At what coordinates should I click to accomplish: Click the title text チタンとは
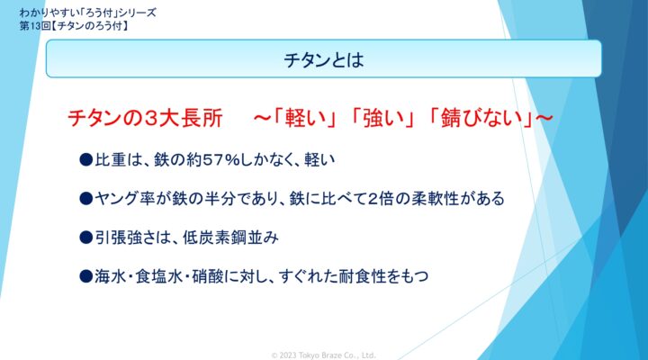tap(324, 60)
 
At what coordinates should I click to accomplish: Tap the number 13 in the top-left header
tap(35, 25)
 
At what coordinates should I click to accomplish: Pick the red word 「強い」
tap(383, 118)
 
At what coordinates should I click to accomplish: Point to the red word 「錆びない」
tap(481, 118)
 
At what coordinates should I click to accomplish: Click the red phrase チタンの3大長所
tap(145, 118)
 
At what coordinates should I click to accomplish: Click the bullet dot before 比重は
tap(86, 159)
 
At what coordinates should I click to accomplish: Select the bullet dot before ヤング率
tap(86, 198)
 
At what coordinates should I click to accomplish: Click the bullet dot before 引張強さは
tap(86, 238)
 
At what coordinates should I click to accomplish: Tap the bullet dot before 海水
tap(86, 276)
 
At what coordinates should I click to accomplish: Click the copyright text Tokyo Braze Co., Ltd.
tap(337, 355)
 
